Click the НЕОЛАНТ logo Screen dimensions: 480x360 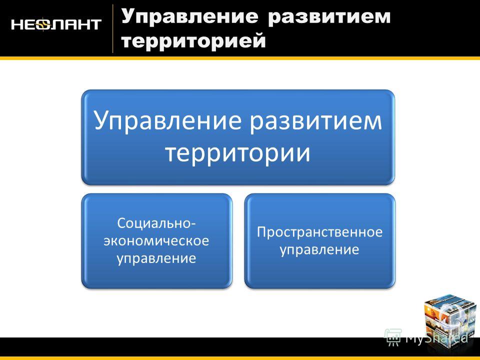(x=56, y=24)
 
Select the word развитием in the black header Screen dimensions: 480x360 (x=329, y=17)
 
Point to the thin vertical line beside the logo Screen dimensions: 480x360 (x=112, y=28)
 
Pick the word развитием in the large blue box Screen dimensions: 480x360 (x=316, y=120)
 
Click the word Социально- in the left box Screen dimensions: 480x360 (x=156, y=223)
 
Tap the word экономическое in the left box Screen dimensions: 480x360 (x=156, y=240)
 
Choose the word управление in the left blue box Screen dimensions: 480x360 (x=156, y=258)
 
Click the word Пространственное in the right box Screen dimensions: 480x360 (x=319, y=231)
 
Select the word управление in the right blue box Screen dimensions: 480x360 (x=319, y=249)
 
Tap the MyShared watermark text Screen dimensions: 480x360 (x=436, y=338)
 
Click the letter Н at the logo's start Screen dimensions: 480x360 (x=17, y=24)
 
